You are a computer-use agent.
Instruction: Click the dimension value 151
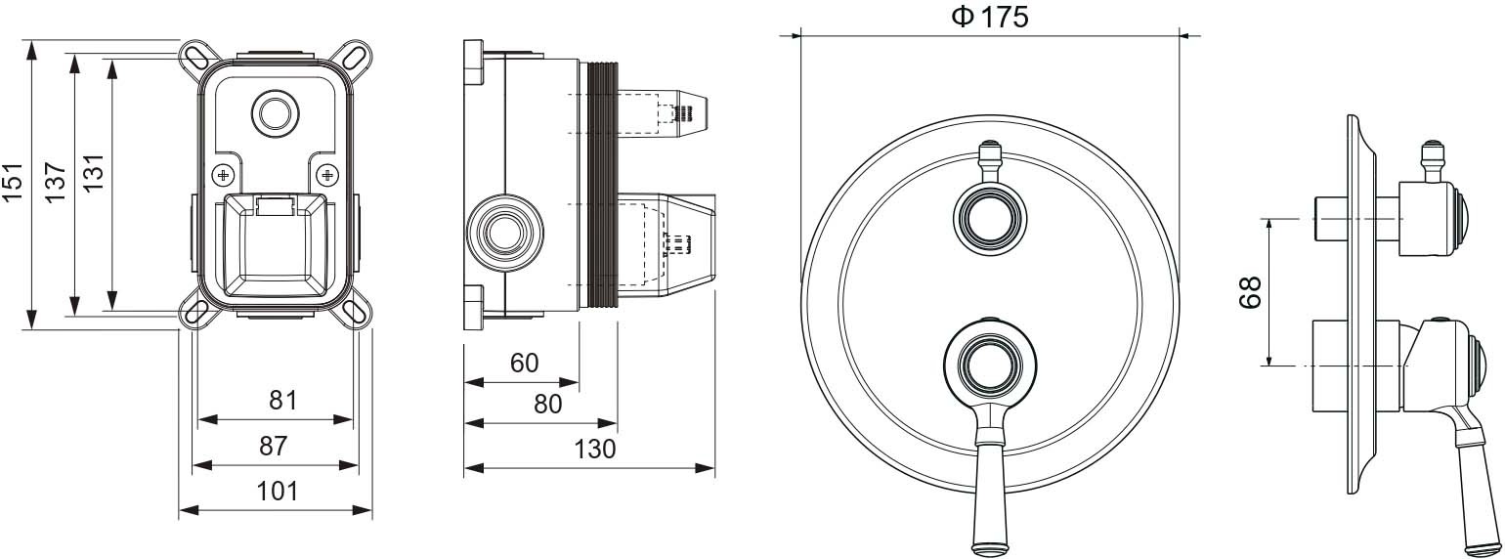tap(13, 182)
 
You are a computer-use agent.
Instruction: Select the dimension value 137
tap(56, 183)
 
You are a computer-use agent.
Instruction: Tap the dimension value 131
tap(94, 173)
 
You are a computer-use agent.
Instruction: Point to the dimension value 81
tap(282, 401)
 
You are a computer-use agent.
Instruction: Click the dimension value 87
tap(274, 446)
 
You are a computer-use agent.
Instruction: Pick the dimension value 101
tap(277, 492)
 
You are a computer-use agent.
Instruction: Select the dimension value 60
tap(524, 363)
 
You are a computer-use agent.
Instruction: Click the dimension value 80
tap(547, 404)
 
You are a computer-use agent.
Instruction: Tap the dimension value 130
tap(595, 449)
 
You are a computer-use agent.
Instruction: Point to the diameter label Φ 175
tap(990, 17)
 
